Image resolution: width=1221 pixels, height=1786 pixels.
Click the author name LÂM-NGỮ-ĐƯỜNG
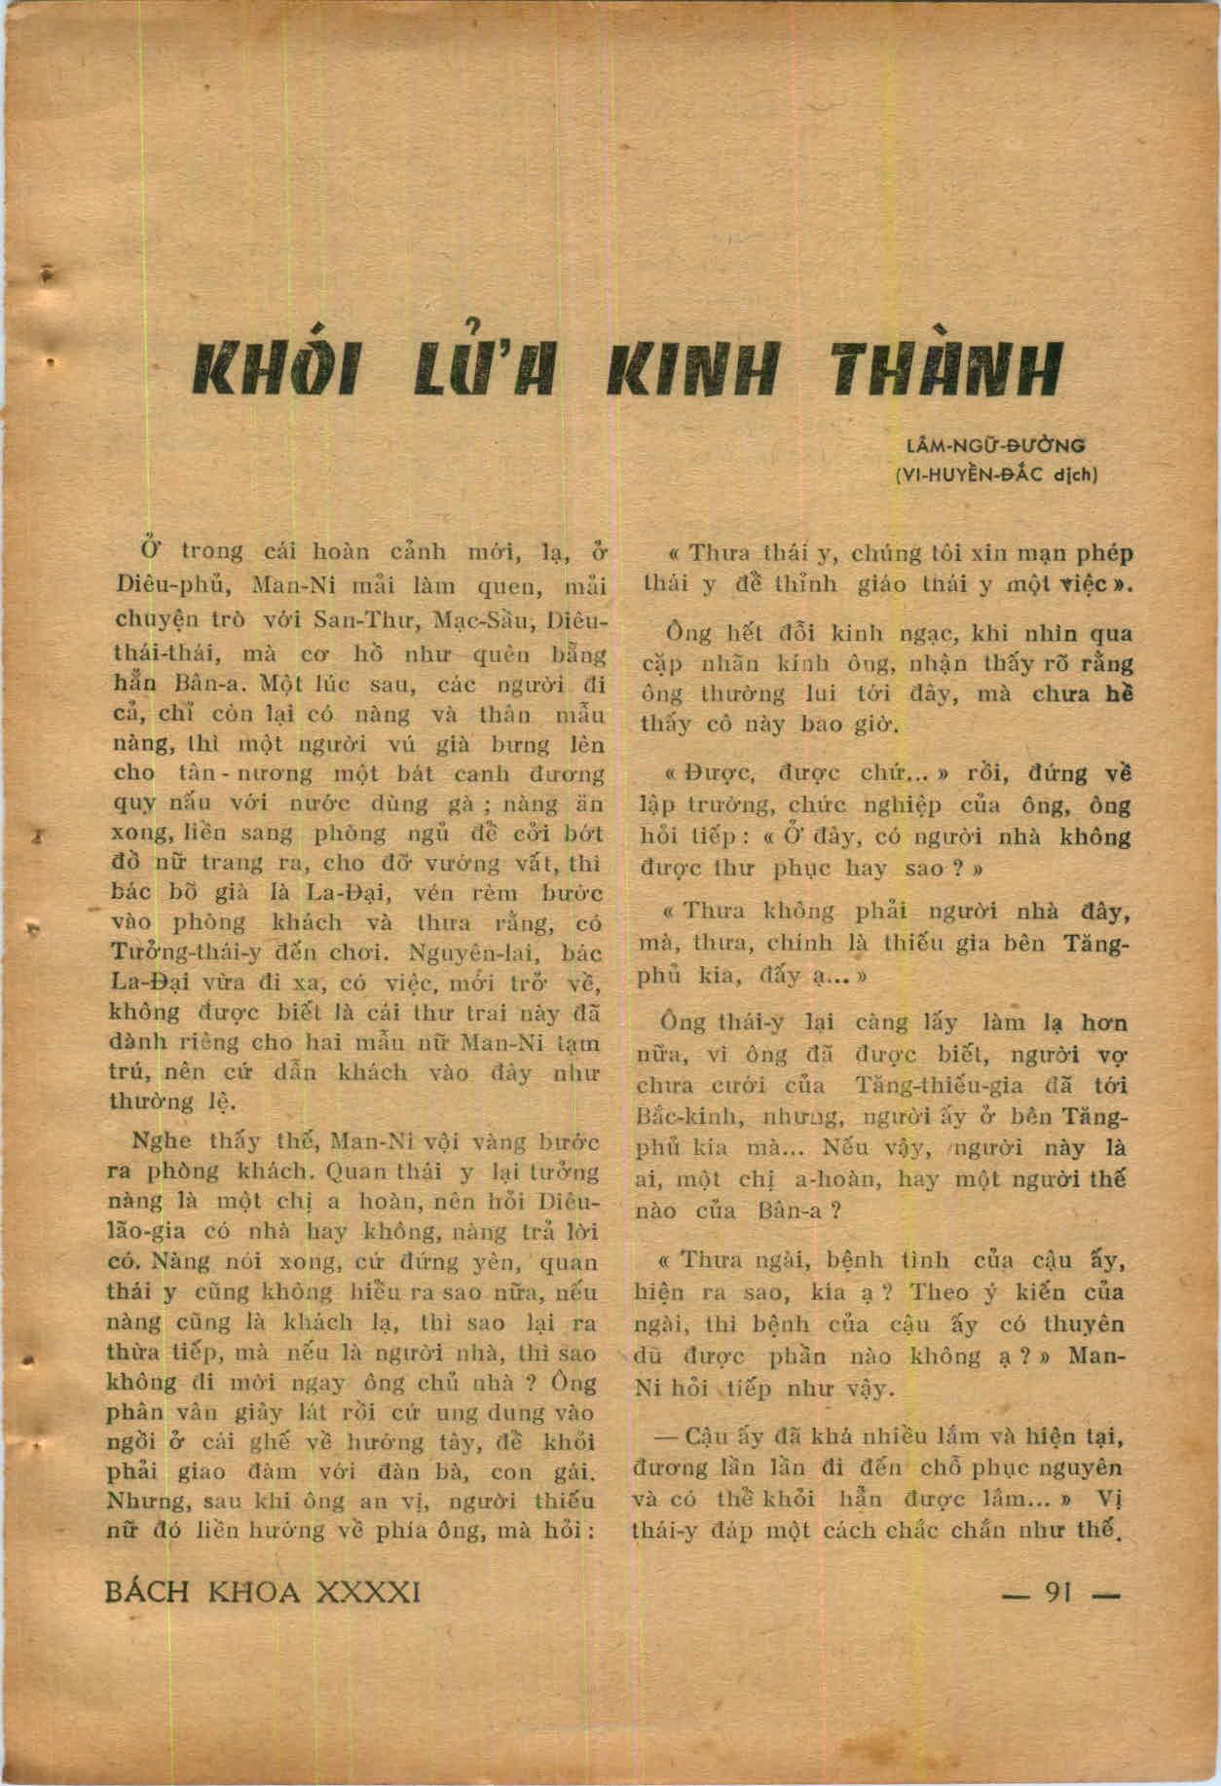click(x=995, y=447)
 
